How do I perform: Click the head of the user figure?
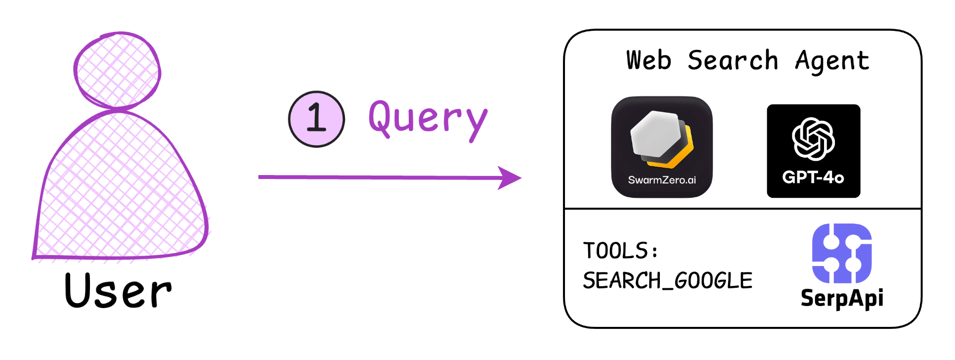tap(117, 70)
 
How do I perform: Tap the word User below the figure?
tap(118, 291)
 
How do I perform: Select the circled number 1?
tap(316, 119)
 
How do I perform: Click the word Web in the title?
tap(649, 60)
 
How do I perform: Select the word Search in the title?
tap(733, 60)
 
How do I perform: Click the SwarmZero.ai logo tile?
tap(662, 147)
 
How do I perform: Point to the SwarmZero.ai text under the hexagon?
tap(662, 180)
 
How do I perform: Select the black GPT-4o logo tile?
tap(814, 151)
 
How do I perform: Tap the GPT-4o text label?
tap(813, 177)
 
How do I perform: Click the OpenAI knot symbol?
tap(813, 139)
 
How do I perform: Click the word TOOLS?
tap(620, 250)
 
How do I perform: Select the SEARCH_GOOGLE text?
tap(667, 280)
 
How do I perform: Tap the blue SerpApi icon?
tap(842, 253)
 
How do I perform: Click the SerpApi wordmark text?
tap(842, 298)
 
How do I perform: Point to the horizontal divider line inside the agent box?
tap(742, 209)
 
